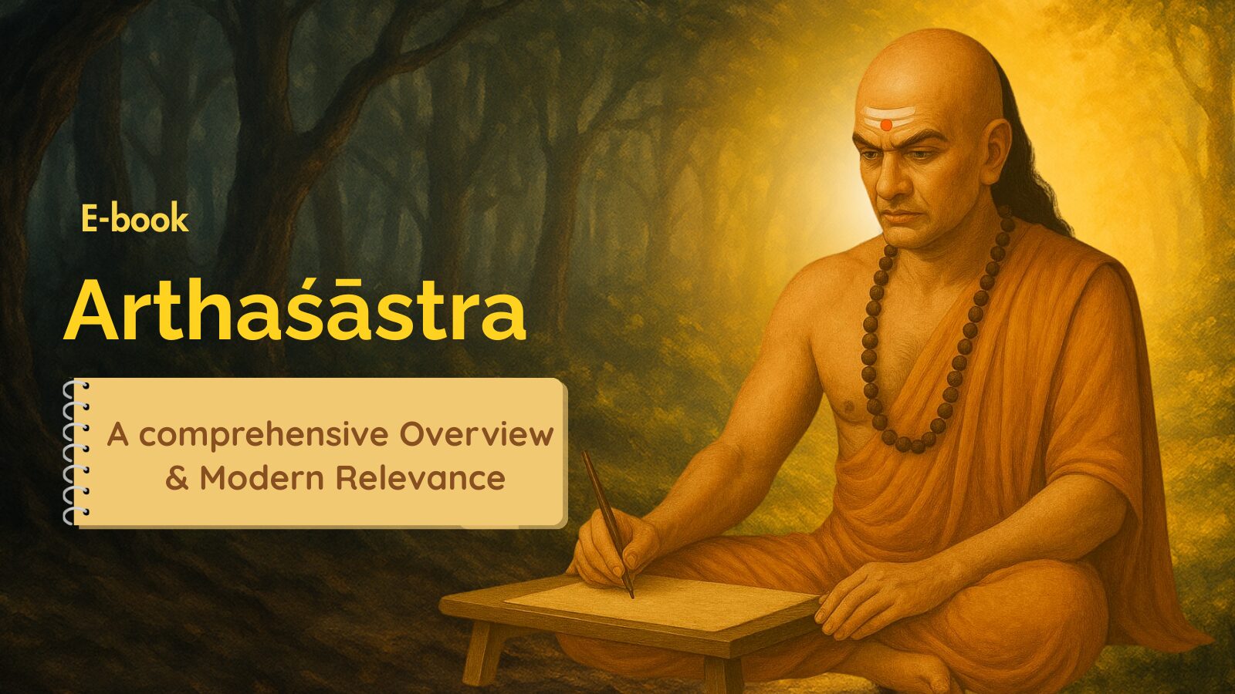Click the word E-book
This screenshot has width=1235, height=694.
coord(135,219)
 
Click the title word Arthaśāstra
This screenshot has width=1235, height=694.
coord(295,309)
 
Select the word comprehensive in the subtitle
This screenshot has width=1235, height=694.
coord(263,435)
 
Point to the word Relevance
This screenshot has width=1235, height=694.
coord(421,477)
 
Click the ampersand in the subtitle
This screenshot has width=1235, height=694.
coord(177,478)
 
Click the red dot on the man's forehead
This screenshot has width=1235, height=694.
coord(886,125)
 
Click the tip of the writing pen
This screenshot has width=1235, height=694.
coord(632,597)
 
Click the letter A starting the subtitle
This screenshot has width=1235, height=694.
coord(118,435)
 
